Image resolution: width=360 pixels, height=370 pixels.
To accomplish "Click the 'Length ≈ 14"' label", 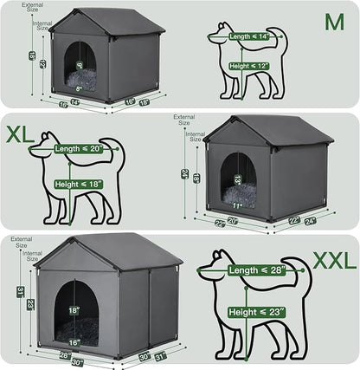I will click(x=247, y=37).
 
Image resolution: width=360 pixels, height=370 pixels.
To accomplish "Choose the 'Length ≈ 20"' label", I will click(x=78, y=149).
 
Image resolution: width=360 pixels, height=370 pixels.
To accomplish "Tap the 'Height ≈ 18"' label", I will click(x=79, y=184).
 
